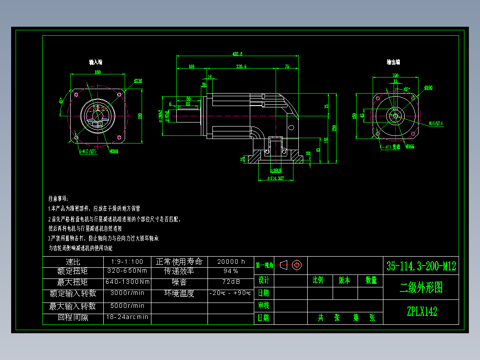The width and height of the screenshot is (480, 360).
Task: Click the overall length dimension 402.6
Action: coord(237,54)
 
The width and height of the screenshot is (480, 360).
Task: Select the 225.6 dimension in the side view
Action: coord(241,66)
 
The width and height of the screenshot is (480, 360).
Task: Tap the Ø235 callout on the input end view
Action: coord(138,81)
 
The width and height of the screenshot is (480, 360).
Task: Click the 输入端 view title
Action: coord(96,62)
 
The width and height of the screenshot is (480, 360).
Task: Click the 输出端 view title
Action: coord(393,62)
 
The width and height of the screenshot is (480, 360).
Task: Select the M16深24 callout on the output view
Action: coord(435,123)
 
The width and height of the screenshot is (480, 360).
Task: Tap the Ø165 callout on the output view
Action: coord(410,146)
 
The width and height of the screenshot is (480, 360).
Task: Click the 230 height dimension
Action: coord(334,128)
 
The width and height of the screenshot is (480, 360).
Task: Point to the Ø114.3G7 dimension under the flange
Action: coord(276,179)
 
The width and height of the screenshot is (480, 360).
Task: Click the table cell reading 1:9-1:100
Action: coord(127,262)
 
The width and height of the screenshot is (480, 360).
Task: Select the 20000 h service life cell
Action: coord(231,262)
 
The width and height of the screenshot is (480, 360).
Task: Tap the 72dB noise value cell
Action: coord(231,282)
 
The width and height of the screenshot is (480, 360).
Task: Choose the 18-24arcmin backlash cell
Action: coord(127,318)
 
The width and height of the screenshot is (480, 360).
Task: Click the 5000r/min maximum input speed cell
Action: coord(127,306)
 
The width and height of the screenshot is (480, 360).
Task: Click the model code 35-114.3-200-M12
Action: coord(421,266)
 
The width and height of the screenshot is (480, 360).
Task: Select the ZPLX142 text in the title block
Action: coord(421,311)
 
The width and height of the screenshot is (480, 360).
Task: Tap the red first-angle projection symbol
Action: coord(293,265)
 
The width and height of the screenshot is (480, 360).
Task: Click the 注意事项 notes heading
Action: coord(58,198)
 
